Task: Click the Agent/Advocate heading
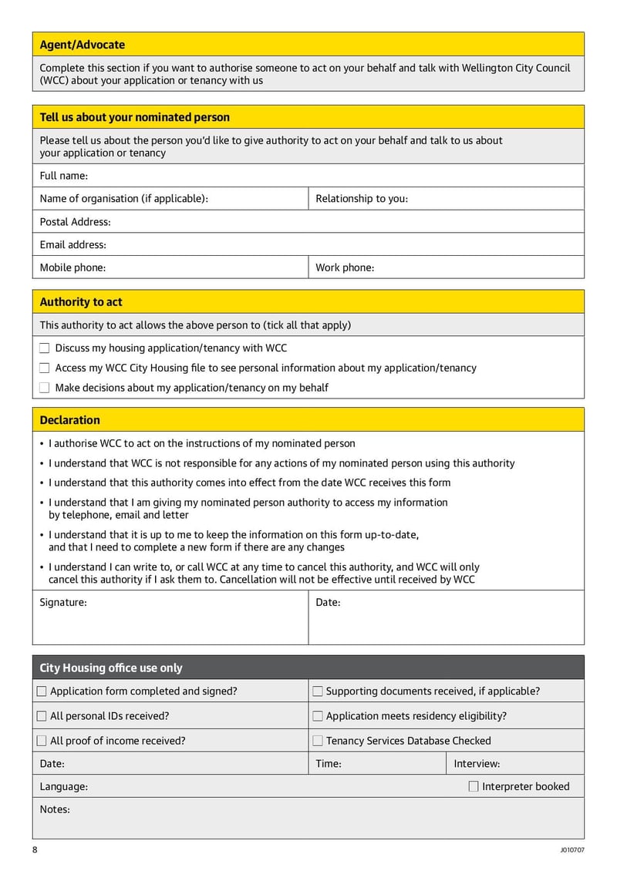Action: (82, 45)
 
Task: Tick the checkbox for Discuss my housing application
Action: (45, 348)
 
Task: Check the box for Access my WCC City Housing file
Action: (45, 368)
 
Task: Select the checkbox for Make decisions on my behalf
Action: (45, 388)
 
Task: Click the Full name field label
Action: (63, 176)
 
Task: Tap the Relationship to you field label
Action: (361, 199)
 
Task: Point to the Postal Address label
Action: (75, 222)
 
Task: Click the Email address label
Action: (72, 245)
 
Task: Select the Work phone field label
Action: (344, 268)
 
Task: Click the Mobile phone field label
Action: (72, 268)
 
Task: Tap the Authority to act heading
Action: (80, 302)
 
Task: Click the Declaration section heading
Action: (69, 420)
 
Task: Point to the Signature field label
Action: (63, 603)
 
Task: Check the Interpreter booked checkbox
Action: (474, 786)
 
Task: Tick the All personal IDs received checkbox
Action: (42, 716)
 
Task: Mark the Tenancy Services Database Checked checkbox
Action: (318, 741)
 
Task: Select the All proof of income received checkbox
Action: (42, 741)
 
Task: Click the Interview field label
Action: (476, 764)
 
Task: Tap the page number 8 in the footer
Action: (35, 849)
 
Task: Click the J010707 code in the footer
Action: (572, 850)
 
